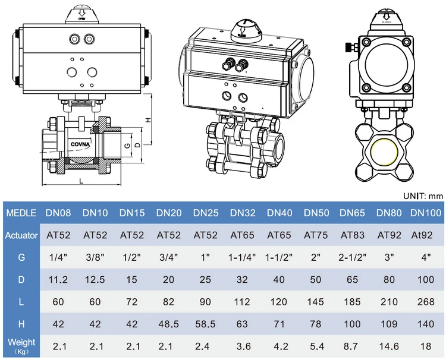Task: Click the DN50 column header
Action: click(316, 213)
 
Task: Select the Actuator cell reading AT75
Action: click(316, 235)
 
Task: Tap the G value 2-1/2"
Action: click(353, 257)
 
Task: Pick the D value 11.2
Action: click(58, 280)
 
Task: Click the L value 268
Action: click(426, 302)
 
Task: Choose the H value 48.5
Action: click(169, 324)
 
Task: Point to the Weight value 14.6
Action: click(389, 346)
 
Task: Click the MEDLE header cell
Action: click(21, 213)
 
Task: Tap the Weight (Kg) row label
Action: click(21, 346)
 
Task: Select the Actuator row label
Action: click(21, 235)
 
